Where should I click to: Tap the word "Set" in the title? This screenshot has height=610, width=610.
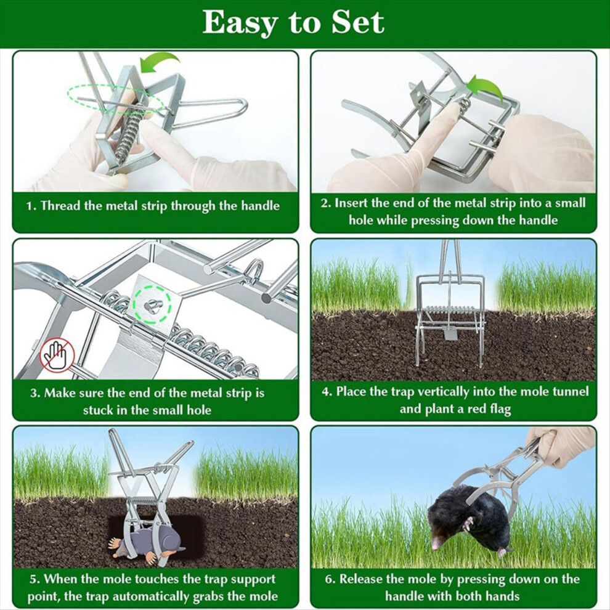coord(357,22)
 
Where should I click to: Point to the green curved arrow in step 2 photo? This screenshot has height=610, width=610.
coord(486,88)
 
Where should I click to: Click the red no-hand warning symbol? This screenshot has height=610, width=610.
coord(57,355)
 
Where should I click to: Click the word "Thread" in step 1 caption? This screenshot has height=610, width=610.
coord(60,205)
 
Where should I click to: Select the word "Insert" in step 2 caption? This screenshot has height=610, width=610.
coord(349,203)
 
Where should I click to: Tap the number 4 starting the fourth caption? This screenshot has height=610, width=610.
coord(325,392)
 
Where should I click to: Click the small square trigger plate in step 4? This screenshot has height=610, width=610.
coord(450,334)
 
